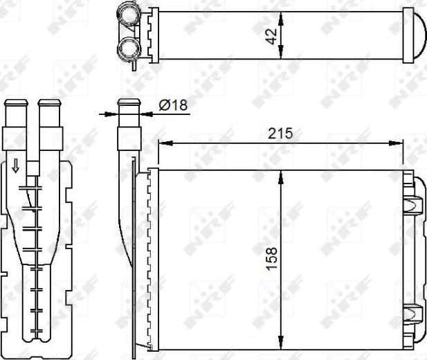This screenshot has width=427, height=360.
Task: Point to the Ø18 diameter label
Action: [173, 105]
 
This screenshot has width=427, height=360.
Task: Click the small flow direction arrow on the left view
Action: [15, 165]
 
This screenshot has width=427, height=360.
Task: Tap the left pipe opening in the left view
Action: [16, 104]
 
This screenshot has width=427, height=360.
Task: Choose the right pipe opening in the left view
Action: [49, 104]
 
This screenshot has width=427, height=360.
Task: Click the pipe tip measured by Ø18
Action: [129, 105]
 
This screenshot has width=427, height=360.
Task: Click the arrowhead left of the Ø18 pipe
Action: [113, 113]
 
